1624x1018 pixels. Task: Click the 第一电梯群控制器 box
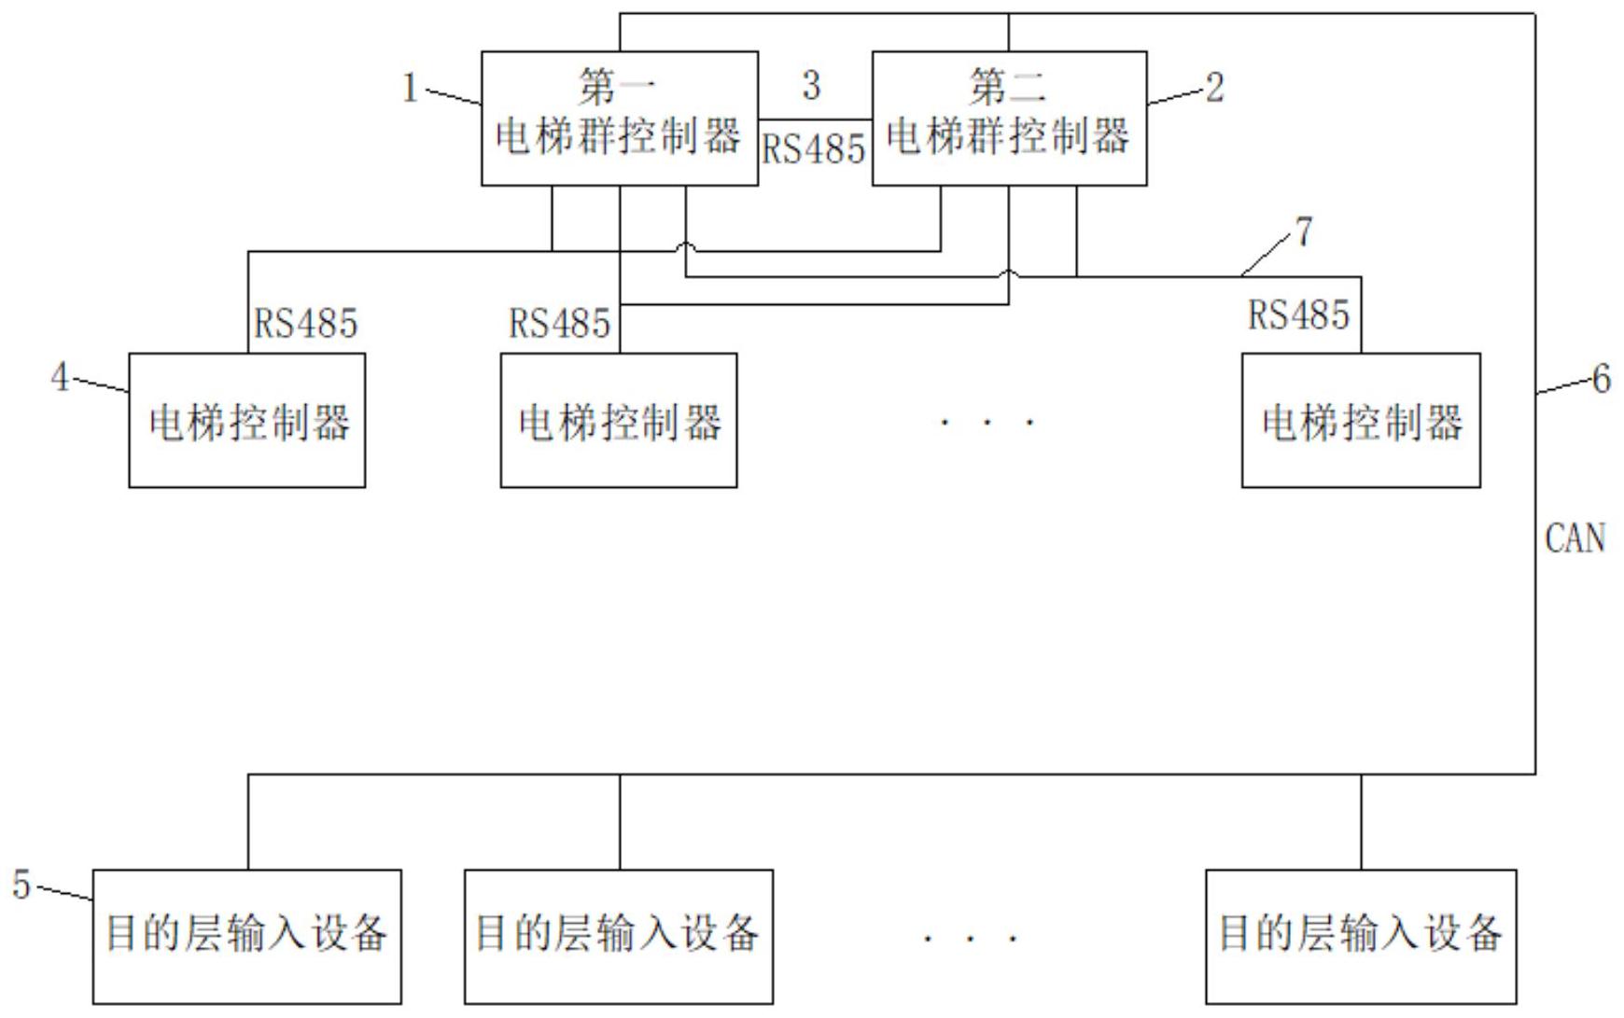[619, 119]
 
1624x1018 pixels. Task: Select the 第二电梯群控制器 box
[1009, 119]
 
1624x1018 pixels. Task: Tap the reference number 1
[409, 89]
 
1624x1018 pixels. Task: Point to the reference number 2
[1214, 89]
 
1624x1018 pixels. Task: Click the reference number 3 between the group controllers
[811, 86]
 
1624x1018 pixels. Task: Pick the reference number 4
[60, 377]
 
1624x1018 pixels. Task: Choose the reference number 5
[21, 885]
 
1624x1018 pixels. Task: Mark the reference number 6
[1601, 379]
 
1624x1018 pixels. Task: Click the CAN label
[1575, 539]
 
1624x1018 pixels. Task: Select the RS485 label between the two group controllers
[814, 149]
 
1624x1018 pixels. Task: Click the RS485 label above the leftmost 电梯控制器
[305, 324]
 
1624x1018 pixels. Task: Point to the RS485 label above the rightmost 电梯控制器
[1298, 315]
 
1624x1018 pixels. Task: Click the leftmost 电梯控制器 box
[246, 420]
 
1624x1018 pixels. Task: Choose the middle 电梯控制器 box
[619, 420]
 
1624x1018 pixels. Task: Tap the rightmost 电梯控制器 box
[1361, 420]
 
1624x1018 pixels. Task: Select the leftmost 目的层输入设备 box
[246, 936]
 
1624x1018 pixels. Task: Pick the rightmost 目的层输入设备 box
[1361, 936]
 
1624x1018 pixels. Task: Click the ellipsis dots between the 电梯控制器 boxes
[987, 423]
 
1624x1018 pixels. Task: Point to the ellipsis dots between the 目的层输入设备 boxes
[970, 937]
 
